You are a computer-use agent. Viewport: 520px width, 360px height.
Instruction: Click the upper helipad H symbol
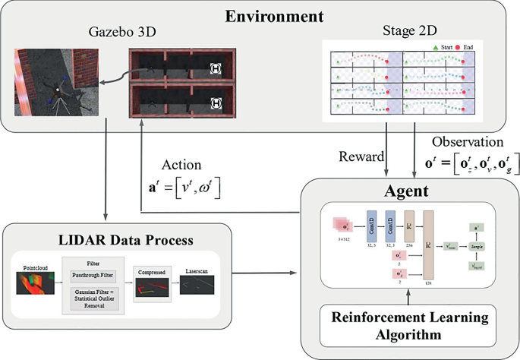click(216, 67)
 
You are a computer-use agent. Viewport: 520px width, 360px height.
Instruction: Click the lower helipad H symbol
click(216, 102)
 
